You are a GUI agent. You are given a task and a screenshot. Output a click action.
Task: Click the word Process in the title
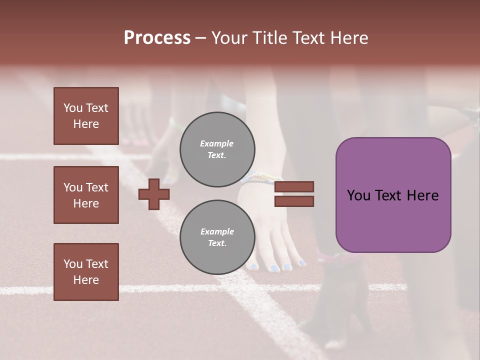click(x=157, y=38)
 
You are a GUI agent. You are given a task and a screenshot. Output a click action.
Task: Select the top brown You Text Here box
click(x=86, y=116)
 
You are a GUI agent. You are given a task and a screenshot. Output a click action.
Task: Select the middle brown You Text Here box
click(x=86, y=195)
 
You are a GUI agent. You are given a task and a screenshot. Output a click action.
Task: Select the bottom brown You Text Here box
click(x=86, y=271)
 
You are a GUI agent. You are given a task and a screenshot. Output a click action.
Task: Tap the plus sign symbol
click(x=153, y=194)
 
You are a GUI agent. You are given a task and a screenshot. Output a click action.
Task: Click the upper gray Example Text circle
click(x=217, y=149)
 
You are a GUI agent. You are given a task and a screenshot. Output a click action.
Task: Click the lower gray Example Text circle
click(x=217, y=237)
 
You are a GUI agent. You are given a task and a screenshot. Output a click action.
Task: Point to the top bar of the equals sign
click(x=294, y=187)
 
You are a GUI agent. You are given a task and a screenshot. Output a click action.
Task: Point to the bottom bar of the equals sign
click(x=294, y=201)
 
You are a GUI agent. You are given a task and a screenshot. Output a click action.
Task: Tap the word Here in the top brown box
click(x=86, y=124)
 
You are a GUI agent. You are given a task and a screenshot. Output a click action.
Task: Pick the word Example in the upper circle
click(x=216, y=144)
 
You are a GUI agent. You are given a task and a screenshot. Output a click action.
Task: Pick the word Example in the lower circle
click(x=217, y=232)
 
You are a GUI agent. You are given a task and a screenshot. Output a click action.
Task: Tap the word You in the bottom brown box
click(x=73, y=264)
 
